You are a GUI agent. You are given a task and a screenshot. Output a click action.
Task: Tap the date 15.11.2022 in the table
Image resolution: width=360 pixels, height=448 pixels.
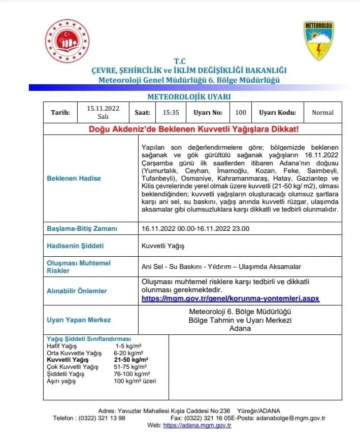(103, 108)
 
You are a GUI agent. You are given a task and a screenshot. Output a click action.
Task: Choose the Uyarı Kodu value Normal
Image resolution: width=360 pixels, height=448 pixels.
(322, 112)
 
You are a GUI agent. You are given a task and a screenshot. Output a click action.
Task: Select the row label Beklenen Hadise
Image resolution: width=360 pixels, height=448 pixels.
(74, 178)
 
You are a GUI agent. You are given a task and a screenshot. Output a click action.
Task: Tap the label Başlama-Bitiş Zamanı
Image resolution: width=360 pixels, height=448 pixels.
(82, 229)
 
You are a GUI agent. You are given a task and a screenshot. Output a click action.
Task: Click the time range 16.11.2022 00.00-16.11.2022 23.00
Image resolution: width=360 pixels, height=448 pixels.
(195, 229)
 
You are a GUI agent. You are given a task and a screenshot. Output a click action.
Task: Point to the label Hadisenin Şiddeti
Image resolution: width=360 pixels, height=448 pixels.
(75, 246)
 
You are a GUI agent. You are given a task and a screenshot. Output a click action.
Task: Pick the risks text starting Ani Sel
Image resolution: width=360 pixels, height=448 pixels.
(221, 266)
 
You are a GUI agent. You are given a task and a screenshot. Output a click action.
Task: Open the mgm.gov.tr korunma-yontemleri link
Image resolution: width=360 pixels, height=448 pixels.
(231, 298)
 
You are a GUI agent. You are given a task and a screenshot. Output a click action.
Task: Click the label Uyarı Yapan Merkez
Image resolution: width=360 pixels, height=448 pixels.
(79, 320)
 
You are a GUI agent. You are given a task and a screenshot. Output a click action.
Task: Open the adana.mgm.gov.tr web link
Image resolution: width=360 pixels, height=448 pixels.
(197, 425)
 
